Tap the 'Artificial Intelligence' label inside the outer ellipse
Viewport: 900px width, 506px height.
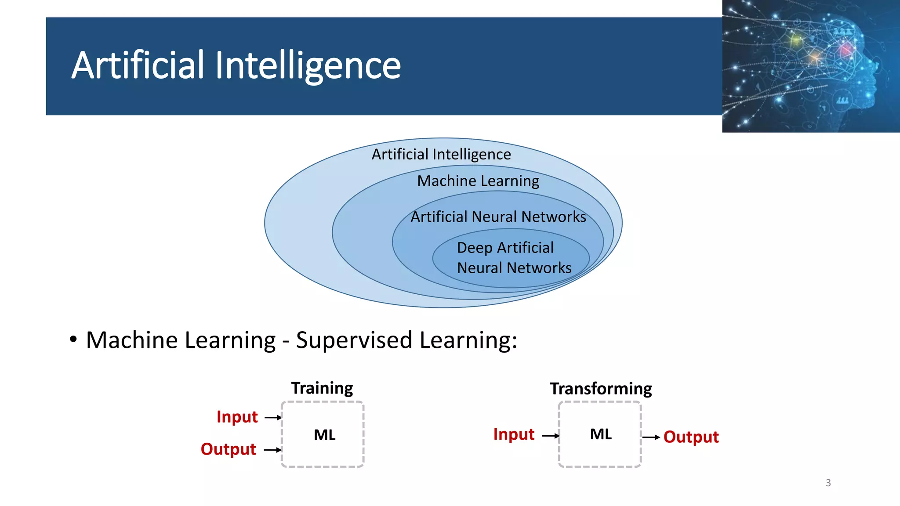[x=441, y=154]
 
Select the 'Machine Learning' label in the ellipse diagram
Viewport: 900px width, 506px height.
[x=478, y=181]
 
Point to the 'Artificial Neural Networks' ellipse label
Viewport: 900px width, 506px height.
[x=498, y=217]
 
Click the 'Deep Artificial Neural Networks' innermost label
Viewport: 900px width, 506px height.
[x=514, y=258]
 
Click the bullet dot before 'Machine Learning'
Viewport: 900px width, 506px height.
[x=73, y=339]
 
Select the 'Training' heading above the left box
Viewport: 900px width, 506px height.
[x=322, y=388]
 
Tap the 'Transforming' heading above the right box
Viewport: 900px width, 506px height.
[x=601, y=389]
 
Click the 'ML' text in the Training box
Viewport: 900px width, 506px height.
[x=324, y=435]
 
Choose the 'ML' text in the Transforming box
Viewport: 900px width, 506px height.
[x=601, y=434]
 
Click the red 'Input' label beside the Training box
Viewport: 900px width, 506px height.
[x=237, y=416]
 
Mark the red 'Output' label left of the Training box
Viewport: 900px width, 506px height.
[x=228, y=449]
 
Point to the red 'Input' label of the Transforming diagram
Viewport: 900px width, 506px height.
[x=514, y=434]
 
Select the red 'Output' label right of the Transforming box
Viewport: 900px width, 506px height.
[x=691, y=437]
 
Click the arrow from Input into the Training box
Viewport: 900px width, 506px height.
[x=273, y=417]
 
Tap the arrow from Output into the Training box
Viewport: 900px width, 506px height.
[x=272, y=450]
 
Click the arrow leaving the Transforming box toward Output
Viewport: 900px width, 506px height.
[x=651, y=437]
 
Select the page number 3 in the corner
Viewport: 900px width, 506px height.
[x=828, y=483]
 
